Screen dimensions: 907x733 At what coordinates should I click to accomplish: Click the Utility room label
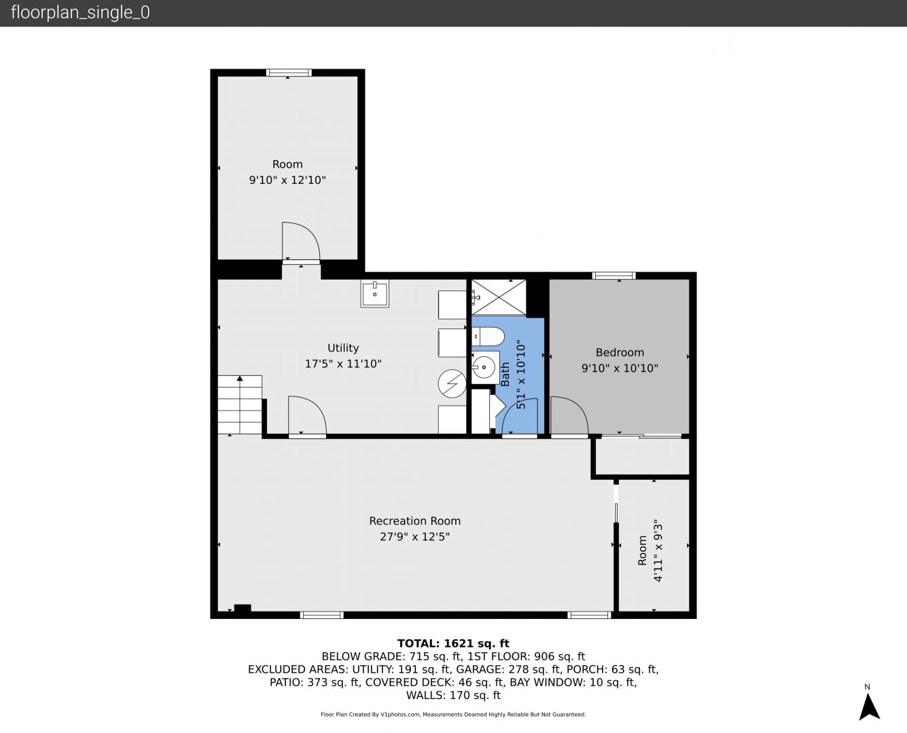[343, 348]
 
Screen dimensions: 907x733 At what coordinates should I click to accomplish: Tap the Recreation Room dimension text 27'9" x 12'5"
[414, 537]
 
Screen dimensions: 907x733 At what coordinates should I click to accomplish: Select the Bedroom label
[620, 353]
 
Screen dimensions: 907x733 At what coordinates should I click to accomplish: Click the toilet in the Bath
[488, 336]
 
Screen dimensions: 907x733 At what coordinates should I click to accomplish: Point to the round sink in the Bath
[484, 366]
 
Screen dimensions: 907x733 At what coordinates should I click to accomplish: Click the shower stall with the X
[499, 297]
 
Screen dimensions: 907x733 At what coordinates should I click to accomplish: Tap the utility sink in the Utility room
[375, 293]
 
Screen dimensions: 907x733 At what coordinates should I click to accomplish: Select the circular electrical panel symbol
[452, 383]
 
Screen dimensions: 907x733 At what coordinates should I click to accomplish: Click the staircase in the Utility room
[240, 405]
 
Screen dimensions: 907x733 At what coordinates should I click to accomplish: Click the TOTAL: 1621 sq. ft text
[453, 643]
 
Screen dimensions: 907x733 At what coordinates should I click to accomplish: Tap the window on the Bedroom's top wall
[613, 276]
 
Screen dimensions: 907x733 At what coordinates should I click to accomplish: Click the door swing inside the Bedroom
[569, 415]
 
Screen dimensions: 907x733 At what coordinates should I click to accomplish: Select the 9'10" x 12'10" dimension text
[287, 181]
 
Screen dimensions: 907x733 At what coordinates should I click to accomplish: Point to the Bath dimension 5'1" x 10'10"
[521, 374]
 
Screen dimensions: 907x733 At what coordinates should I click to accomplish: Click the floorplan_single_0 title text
[80, 13]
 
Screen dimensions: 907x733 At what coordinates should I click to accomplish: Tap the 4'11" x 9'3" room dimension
[658, 550]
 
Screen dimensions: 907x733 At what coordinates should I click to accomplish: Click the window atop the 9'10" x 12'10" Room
[289, 73]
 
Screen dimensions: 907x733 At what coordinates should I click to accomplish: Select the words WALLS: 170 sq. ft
[453, 696]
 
